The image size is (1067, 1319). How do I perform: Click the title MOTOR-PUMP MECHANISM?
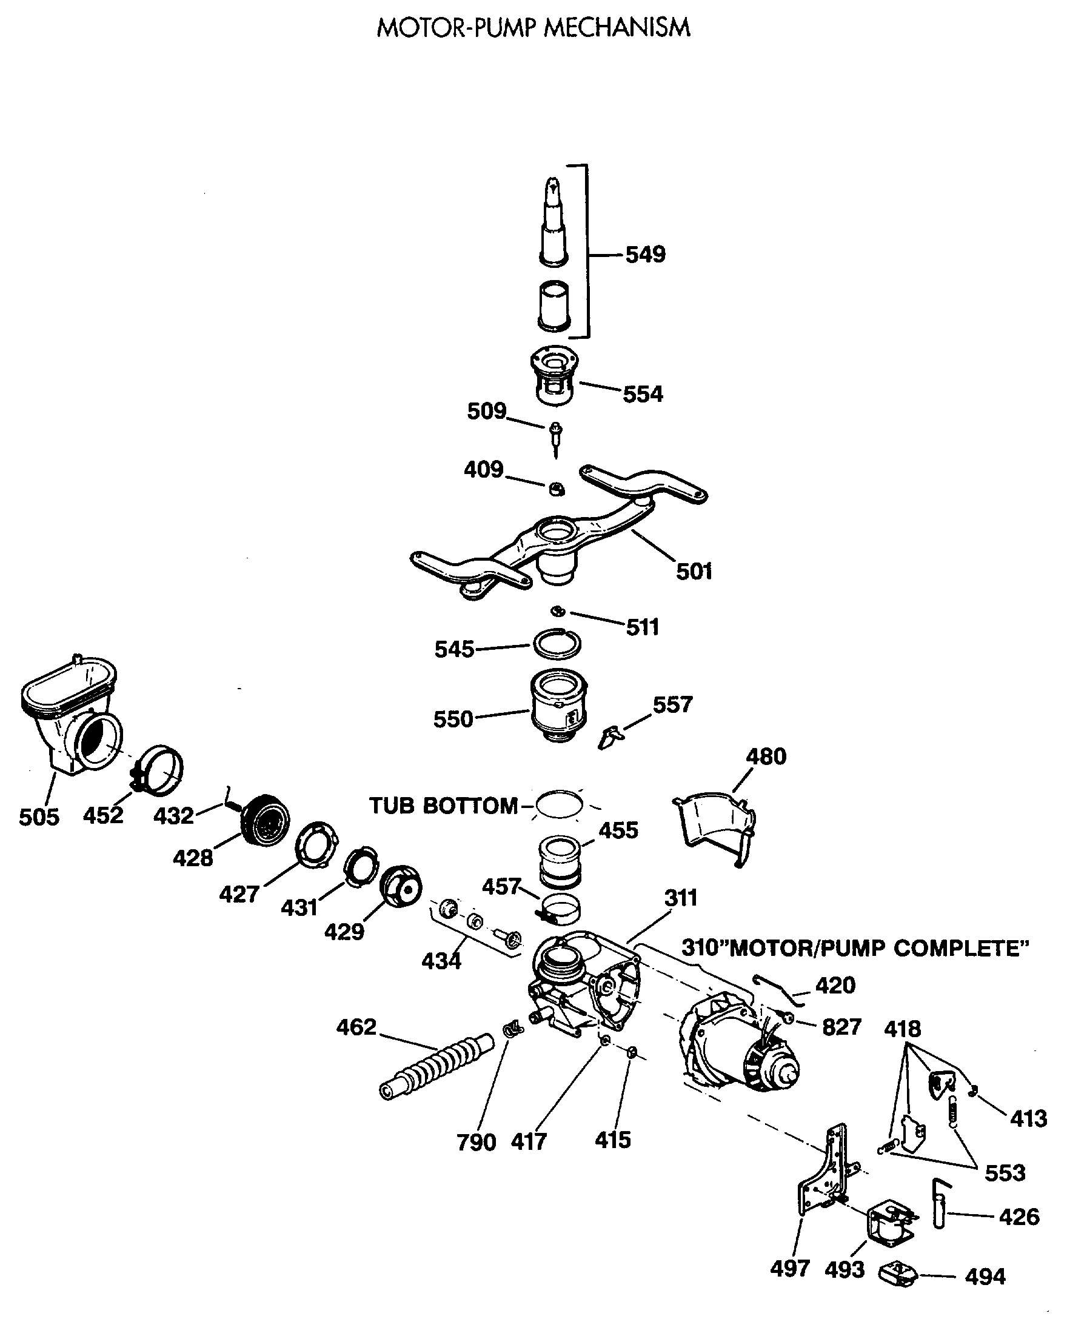[533, 28]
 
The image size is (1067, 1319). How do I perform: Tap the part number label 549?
[645, 254]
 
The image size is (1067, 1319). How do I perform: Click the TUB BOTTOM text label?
[443, 805]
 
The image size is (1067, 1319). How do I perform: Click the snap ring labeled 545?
[557, 644]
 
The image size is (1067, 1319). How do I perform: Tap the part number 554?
[642, 393]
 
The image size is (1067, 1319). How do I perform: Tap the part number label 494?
[985, 1276]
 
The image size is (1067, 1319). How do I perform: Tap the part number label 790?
[476, 1142]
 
